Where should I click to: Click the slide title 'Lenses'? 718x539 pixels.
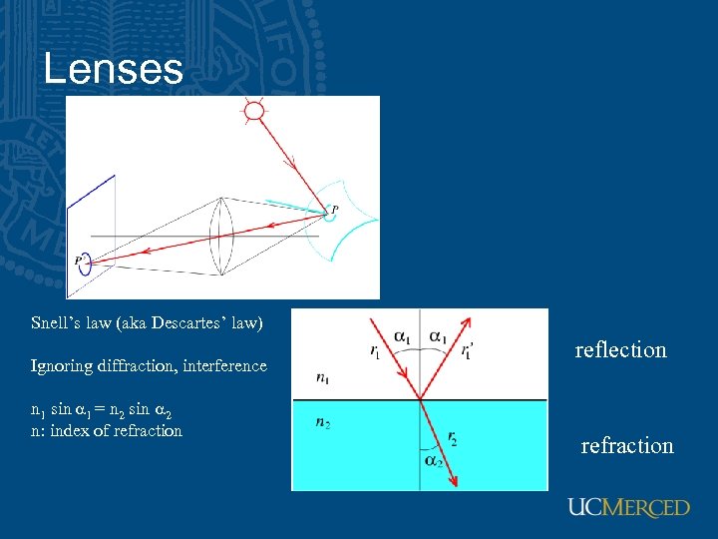point(114,69)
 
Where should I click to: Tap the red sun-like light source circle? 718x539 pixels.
point(255,111)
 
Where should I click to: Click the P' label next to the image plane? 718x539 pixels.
point(79,261)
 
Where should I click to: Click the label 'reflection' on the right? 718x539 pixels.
point(620,349)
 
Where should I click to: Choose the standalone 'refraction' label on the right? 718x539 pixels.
point(627,445)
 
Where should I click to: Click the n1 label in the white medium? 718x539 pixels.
point(324,378)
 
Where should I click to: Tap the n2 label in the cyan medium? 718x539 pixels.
point(324,422)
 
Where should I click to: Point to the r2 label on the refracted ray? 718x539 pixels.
point(453,436)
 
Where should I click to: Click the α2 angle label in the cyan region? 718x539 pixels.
point(432,460)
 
